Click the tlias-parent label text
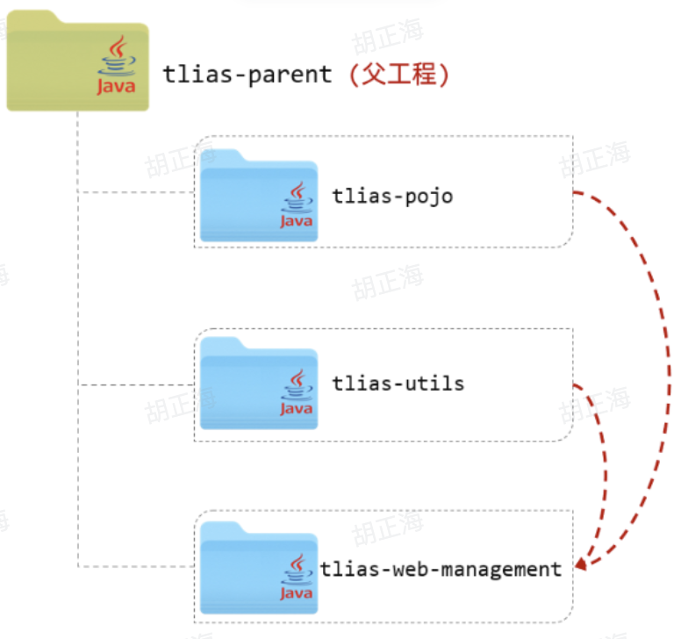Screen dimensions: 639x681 pos(247,74)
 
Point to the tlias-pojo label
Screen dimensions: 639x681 pos(392,195)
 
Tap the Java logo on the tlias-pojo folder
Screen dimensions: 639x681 pos(297,205)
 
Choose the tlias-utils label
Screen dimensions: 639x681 pos(398,383)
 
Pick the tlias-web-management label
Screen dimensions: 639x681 pos(441,569)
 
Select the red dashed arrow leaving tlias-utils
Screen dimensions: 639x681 pos(603,456)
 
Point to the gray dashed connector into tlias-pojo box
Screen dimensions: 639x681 pos(136,191)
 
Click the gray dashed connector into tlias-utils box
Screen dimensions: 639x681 pos(136,384)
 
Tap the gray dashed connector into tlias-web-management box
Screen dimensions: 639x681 pos(136,567)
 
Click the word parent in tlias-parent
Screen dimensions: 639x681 pos(290,74)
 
